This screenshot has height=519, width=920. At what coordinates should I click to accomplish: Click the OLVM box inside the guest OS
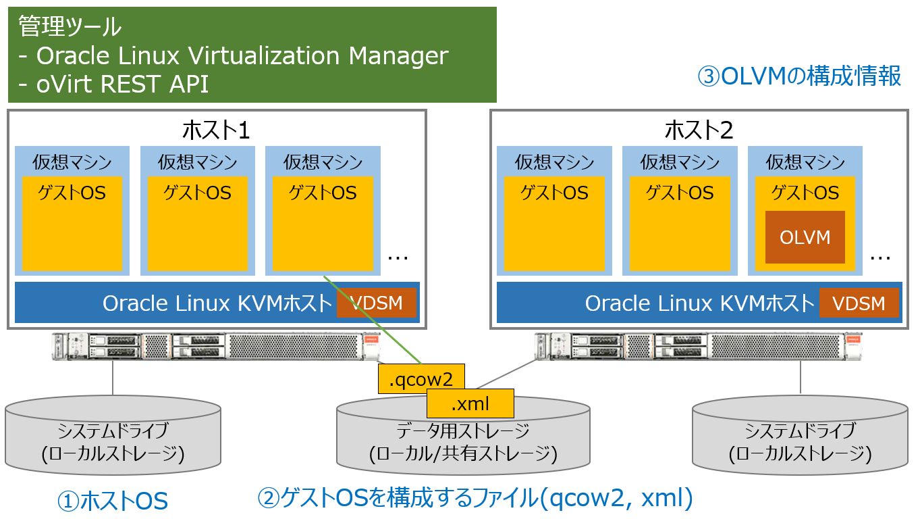805,237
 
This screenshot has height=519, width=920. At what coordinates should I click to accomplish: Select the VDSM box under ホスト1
377,303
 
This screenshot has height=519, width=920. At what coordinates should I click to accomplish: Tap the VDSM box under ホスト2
859,303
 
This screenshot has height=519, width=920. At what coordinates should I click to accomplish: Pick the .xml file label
470,403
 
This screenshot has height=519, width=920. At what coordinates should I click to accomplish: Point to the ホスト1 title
216,128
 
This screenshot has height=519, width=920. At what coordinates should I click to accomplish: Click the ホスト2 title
699,128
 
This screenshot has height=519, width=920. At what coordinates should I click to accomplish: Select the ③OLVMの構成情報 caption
799,76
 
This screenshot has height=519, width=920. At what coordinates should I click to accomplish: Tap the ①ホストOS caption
112,501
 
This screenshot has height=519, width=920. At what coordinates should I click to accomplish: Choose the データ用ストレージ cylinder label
463,430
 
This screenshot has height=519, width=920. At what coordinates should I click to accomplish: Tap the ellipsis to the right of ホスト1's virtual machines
399,257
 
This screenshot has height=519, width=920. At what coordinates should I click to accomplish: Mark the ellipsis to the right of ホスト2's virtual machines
881,257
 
